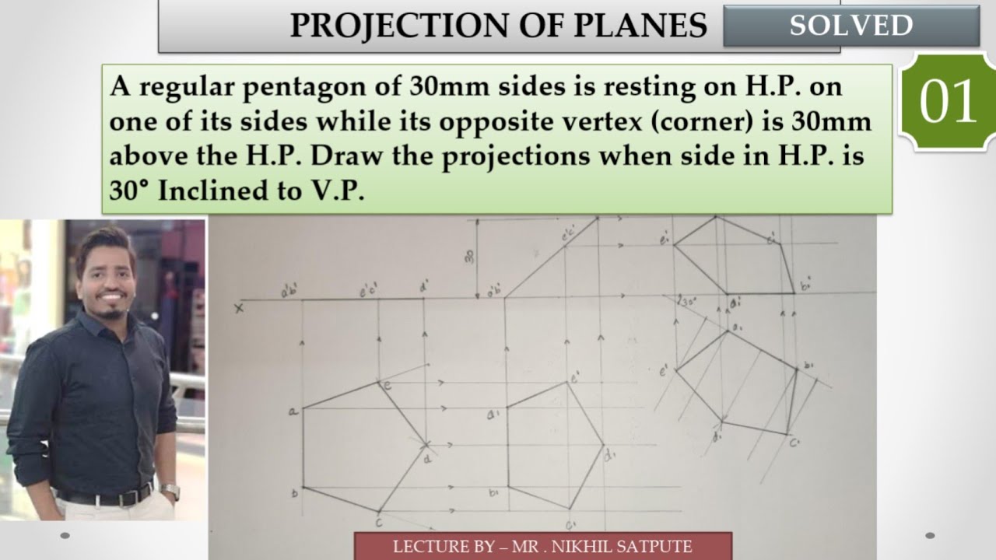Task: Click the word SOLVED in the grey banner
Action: [x=850, y=26]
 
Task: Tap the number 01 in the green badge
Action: [x=948, y=103]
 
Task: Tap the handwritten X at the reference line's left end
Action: [x=238, y=308]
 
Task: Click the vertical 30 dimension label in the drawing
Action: [x=470, y=256]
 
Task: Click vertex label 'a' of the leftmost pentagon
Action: [x=293, y=411]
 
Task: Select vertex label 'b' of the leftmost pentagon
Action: [x=294, y=492]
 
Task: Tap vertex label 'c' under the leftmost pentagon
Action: [x=379, y=523]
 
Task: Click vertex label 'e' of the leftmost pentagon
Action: [x=387, y=383]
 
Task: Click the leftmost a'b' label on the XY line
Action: [x=290, y=292]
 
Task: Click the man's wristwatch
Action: [x=170, y=492]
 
